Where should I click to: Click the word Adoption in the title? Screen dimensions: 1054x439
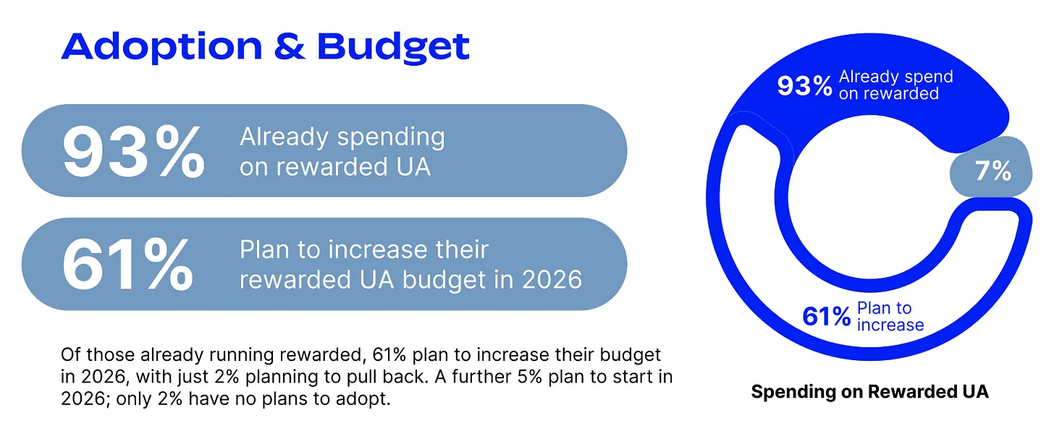pos(161,47)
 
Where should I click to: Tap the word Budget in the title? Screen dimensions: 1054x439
pos(393,47)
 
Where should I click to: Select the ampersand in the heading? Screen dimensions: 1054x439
pos(290,46)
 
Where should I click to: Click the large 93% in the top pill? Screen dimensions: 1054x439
pos(134,152)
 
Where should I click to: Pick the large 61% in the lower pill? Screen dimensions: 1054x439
pos(127,265)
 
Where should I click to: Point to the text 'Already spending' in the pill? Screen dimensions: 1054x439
pos(342,137)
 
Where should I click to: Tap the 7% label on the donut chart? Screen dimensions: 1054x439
pos(993,171)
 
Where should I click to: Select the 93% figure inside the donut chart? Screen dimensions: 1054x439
pos(805,86)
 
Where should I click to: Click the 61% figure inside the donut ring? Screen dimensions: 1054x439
pos(826,316)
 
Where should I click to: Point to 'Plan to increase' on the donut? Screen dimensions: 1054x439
pos(890,316)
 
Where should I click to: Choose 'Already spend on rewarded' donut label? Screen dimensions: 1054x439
pos(896,85)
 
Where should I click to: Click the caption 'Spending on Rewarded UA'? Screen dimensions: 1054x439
pos(869,391)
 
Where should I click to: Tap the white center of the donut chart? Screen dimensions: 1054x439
pos(869,197)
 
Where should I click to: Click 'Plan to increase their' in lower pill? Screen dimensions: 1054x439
pos(364,250)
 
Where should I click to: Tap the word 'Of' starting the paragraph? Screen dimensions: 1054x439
pos(71,354)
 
